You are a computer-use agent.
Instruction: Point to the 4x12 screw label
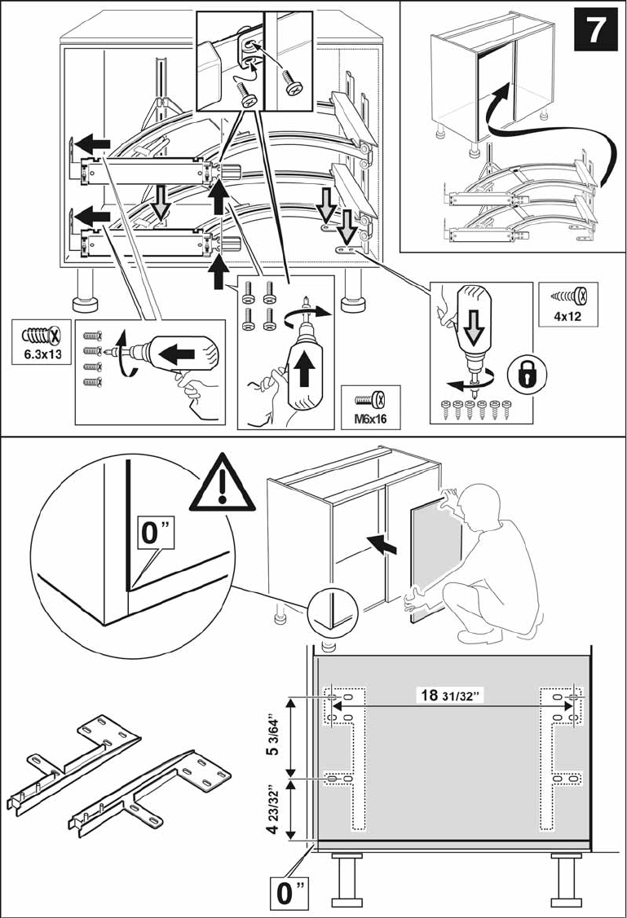point(569,316)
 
